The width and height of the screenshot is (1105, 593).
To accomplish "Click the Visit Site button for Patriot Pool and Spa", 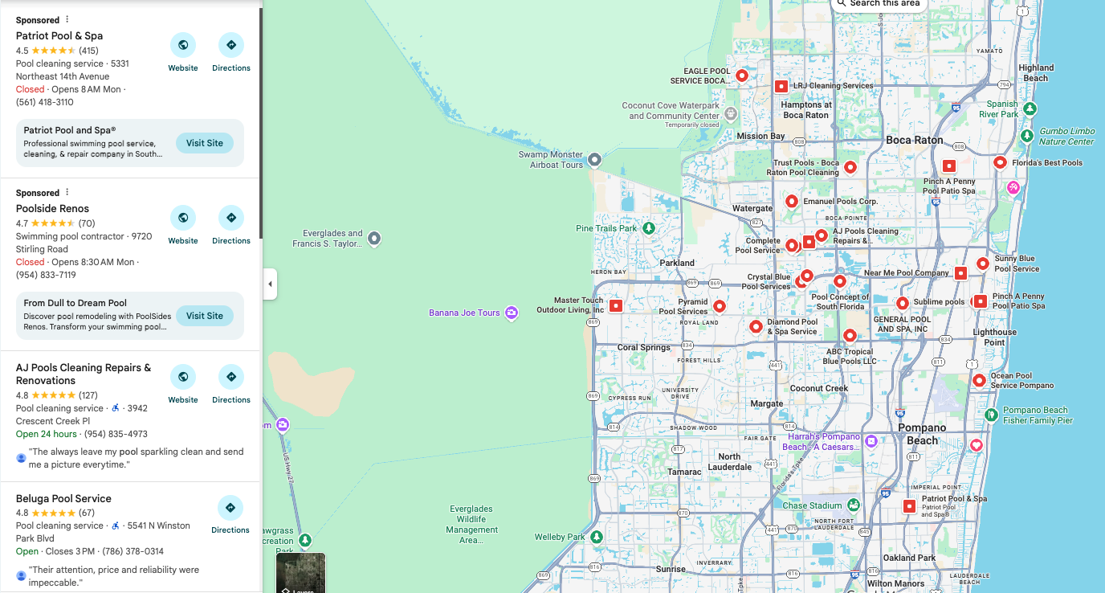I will pos(205,143).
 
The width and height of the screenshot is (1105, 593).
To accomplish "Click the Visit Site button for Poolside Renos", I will pos(205,316).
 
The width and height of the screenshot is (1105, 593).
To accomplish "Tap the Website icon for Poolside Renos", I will pos(183,218).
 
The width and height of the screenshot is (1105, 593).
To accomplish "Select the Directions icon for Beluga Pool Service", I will pos(230,508).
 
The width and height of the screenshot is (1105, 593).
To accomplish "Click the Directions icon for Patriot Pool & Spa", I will pos(231,45).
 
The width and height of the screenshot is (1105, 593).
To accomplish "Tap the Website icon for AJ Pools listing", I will pos(183,377).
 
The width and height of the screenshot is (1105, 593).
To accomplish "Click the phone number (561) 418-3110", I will pos(45,102).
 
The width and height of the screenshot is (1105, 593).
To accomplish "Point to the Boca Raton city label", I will pos(915,140).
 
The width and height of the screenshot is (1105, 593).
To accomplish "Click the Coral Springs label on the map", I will pos(644,348).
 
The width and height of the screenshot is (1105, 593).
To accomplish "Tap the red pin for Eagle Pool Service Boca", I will pos(743,76).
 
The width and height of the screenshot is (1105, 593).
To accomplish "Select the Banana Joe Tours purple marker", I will pos(511,313).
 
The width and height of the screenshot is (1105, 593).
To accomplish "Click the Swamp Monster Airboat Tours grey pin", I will pos(595,160).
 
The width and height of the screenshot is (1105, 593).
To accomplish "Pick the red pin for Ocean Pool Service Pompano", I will pos(979,380).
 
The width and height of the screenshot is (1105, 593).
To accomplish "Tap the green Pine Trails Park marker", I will pos(649,229).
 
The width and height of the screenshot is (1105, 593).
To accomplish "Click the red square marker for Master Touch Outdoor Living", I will pos(616,305).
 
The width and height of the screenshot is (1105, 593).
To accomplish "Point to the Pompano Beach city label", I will pos(922,434).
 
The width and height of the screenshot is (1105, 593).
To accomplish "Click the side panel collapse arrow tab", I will pos(270,284).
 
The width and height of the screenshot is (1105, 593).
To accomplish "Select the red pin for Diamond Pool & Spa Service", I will pos(756,326).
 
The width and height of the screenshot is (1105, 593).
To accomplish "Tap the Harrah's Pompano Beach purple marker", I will pos(871,441).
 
